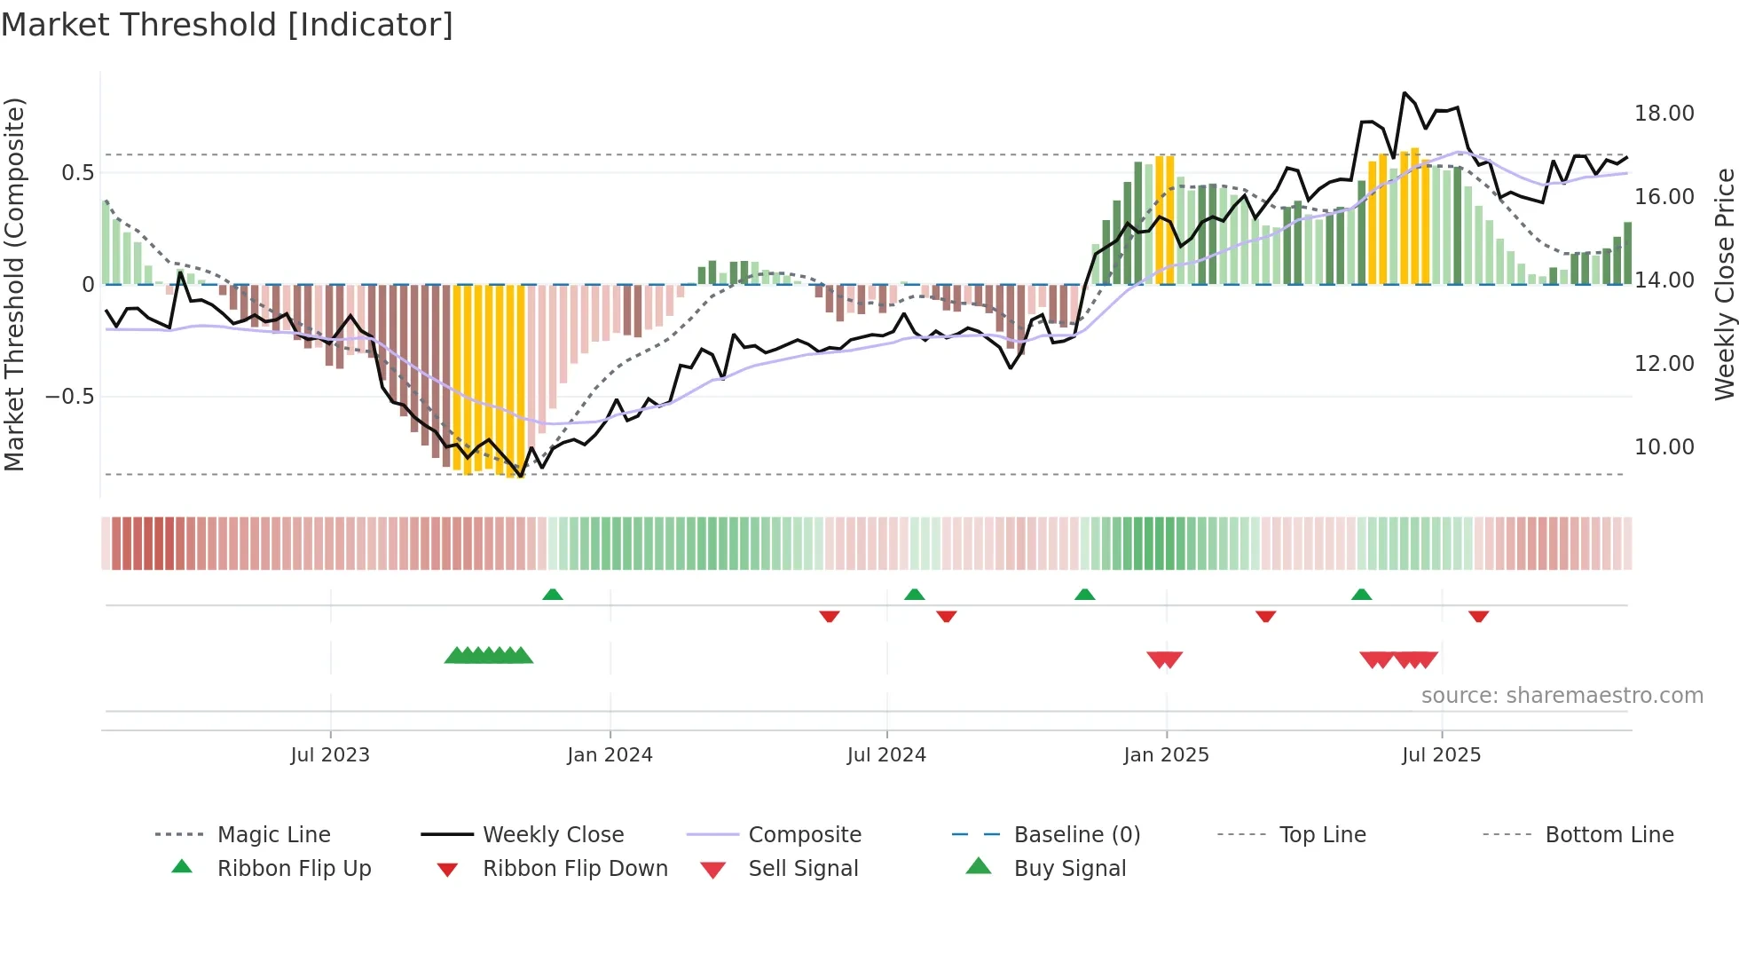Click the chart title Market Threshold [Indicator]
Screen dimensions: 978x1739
coord(227,25)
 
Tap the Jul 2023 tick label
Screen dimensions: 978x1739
coord(329,755)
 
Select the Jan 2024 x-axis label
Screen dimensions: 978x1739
coord(610,755)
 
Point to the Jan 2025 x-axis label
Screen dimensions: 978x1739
coord(1166,755)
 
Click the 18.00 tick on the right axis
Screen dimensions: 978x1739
coord(1664,114)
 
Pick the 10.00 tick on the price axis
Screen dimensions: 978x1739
coord(1664,447)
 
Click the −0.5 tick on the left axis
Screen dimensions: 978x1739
coord(70,397)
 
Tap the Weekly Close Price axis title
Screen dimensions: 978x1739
coord(1724,284)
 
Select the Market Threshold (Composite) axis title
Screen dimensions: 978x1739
coord(14,284)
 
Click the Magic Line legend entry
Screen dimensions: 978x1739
coord(273,835)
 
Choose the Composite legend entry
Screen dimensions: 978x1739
coord(804,835)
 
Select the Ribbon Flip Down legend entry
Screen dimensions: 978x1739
coord(574,869)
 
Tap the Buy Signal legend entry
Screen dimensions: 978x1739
coord(1069,869)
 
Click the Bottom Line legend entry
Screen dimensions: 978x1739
coord(1609,835)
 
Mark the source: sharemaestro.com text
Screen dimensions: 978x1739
coord(1562,696)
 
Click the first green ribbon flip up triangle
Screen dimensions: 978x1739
coord(553,595)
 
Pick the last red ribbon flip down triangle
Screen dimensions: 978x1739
coord(1478,616)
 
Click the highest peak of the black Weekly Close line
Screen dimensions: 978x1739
coord(1405,93)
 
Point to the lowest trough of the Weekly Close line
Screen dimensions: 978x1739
coord(521,477)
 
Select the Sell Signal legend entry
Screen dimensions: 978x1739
coord(802,869)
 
